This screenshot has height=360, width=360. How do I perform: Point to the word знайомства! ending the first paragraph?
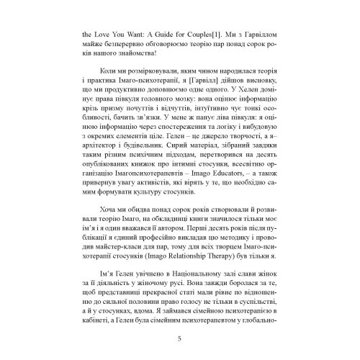pos(143,59)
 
